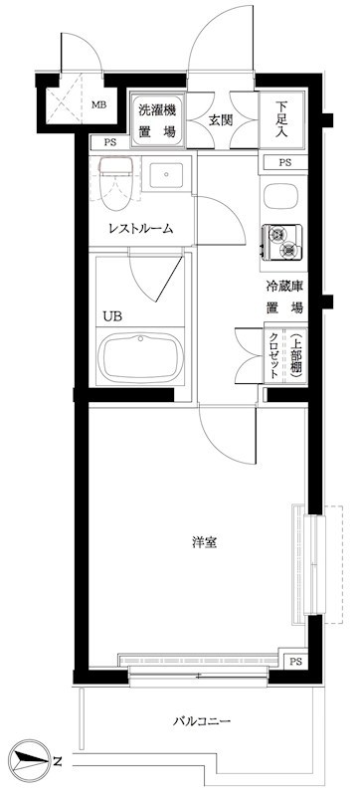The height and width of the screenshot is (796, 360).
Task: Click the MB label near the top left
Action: (x=99, y=102)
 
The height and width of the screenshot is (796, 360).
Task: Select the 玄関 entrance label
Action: (x=219, y=120)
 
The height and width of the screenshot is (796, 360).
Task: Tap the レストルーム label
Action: (x=141, y=229)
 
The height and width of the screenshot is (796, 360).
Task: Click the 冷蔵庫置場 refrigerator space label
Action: (x=283, y=297)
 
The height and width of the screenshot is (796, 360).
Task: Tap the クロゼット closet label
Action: (x=274, y=355)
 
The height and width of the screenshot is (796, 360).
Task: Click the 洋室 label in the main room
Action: (x=206, y=543)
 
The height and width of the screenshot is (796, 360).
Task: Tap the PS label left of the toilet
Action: (x=108, y=143)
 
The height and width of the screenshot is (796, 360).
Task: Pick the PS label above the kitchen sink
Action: (x=285, y=162)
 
